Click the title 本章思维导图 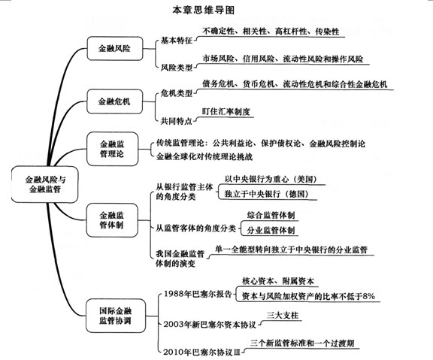pos(203,11)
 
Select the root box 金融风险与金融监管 pos(45,184)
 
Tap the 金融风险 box pos(115,49)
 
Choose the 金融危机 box pos(114,101)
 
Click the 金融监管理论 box pos(112,149)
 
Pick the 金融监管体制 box pos(112,220)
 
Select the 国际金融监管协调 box pos(116,316)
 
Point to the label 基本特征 pos(177,41)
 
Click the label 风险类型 pos(177,67)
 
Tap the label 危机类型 pos(177,93)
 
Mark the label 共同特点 pos(177,121)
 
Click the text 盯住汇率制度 pos(226,111)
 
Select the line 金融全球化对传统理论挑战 pos(204,156)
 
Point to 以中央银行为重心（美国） pos(271,179)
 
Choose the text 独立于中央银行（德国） pos(266,194)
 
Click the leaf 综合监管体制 pos(271,215)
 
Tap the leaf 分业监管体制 pos(271,230)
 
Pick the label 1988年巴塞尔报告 pos(198,294)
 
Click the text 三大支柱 pos(283,315)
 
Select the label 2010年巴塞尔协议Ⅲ pos(201,352)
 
